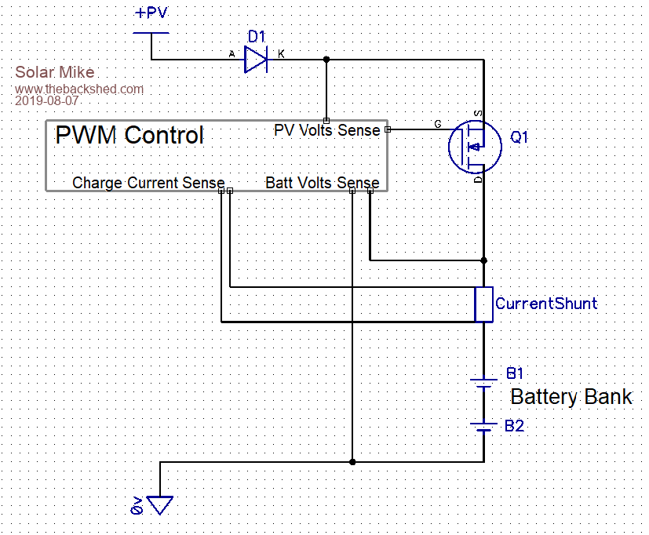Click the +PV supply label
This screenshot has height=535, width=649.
(151, 13)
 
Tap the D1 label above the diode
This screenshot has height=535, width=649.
(257, 36)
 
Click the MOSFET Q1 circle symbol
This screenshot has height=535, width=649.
(476, 147)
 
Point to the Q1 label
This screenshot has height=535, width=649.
(520, 137)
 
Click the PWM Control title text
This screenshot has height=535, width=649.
(129, 135)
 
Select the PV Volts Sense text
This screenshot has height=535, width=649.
(326, 130)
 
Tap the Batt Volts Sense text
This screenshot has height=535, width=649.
(323, 183)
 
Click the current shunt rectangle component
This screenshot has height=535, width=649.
(484, 304)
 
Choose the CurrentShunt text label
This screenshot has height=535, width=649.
(546, 304)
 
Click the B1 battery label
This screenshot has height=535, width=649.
(515, 373)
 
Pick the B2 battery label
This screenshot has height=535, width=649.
(514, 426)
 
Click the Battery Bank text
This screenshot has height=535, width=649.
(571, 397)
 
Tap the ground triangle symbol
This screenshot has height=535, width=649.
(160, 504)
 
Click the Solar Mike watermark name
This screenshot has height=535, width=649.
(55, 73)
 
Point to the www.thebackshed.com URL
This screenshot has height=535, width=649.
(79, 89)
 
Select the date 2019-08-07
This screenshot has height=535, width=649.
(47, 101)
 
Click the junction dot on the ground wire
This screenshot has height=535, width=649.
(352, 462)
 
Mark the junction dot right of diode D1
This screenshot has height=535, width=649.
(326, 59)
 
